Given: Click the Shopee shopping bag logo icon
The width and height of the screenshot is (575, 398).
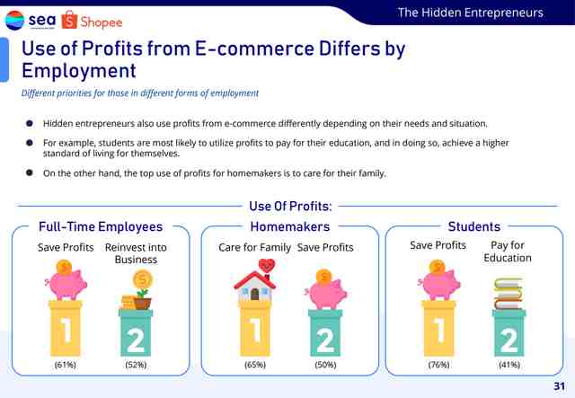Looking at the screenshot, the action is (x=69, y=20).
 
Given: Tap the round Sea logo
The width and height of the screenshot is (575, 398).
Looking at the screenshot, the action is (x=14, y=20).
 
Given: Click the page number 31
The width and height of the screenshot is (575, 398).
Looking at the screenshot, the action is (x=559, y=386).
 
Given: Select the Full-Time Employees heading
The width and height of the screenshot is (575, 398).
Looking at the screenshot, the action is (x=101, y=226).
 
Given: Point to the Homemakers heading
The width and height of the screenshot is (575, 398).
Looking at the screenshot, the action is (x=289, y=226).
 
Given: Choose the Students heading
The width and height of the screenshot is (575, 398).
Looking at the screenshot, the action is (x=474, y=226).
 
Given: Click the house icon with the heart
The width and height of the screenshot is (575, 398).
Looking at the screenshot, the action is (x=255, y=279).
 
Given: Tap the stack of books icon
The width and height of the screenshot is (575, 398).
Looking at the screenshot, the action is (x=509, y=294).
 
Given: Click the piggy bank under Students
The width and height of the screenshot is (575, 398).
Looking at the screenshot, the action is (x=439, y=280).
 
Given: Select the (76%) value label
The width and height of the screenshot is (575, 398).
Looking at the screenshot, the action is (x=438, y=365).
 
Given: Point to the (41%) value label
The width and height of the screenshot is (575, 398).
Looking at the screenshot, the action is (x=509, y=365).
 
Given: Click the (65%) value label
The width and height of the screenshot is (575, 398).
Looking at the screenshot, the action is (x=255, y=365).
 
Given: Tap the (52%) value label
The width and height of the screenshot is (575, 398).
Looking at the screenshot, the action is (x=136, y=365).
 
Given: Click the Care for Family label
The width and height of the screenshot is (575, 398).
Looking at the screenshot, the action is (x=254, y=248).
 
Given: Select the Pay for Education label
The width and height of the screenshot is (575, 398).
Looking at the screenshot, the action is (x=508, y=252).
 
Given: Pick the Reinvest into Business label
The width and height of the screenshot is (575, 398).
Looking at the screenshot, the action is (x=136, y=253).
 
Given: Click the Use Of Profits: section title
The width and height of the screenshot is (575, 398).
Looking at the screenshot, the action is (x=290, y=206).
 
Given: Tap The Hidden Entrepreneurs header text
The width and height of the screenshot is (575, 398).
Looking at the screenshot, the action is (x=471, y=13).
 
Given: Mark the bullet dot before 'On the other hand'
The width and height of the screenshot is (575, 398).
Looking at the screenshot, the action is (x=30, y=172).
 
